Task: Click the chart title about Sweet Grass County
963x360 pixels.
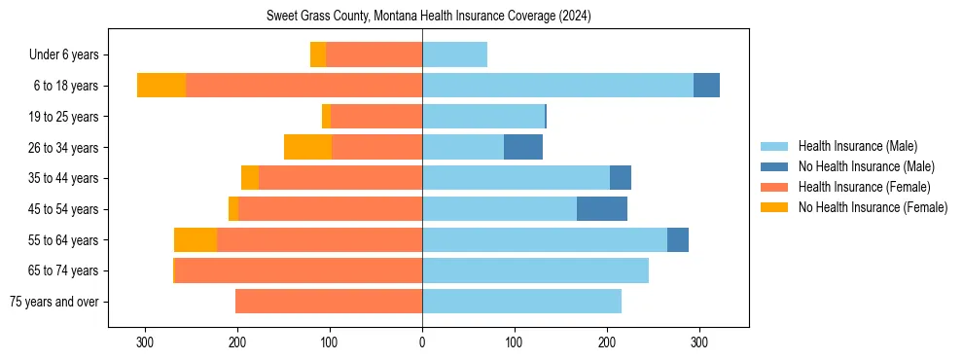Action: point(428,17)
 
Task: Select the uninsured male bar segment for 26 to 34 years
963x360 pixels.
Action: point(523,147)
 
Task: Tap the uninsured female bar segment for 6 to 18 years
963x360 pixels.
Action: point(161,86)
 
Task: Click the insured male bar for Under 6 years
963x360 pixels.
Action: point(454,54)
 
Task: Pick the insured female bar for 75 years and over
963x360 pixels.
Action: point(329,302)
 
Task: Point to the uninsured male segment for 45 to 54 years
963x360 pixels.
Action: point(602,209)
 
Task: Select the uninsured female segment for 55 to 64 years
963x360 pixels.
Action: point(196,240)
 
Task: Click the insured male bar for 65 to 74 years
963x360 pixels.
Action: point(535,270)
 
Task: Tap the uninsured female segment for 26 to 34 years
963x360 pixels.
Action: point(307,147)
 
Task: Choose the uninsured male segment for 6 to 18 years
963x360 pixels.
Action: point(706,86)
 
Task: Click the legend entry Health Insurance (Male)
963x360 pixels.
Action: point(857,146)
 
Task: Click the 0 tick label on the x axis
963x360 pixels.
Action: point(422,342)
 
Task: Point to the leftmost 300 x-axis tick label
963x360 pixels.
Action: point(145,342)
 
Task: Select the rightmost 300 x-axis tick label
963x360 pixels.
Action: point(698,342)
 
